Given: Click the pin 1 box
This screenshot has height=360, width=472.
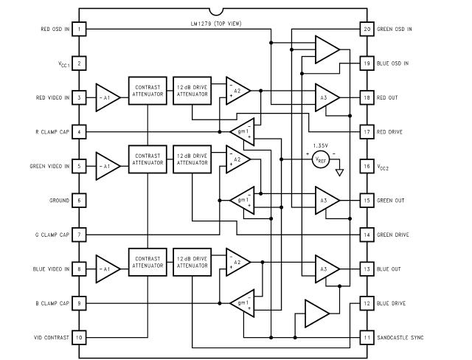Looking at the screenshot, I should tap(79, 30).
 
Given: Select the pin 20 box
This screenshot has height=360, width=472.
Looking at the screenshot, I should tap(367, 30).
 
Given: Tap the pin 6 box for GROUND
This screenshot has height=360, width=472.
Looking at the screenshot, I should tap(79, 201).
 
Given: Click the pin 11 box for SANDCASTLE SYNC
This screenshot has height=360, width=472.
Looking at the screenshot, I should tap(367, 337).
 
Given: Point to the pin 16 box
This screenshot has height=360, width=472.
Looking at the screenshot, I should tap(367, 166).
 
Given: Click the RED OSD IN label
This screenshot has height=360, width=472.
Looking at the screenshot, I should tap(46, 30).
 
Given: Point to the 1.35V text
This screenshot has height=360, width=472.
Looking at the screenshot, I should tap(320, 145).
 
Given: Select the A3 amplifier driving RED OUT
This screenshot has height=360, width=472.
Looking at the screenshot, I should tap(326, 97).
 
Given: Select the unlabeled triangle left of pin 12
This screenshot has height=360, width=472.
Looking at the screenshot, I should tap(316, 314).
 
